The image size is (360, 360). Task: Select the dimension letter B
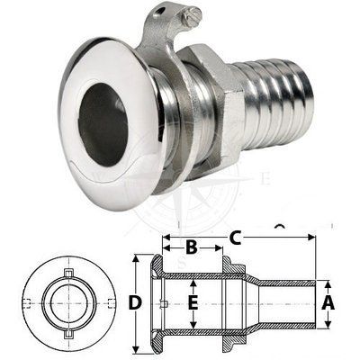[192, 247]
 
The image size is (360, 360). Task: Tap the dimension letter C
[236, 238]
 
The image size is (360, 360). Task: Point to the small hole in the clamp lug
[162, 11]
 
